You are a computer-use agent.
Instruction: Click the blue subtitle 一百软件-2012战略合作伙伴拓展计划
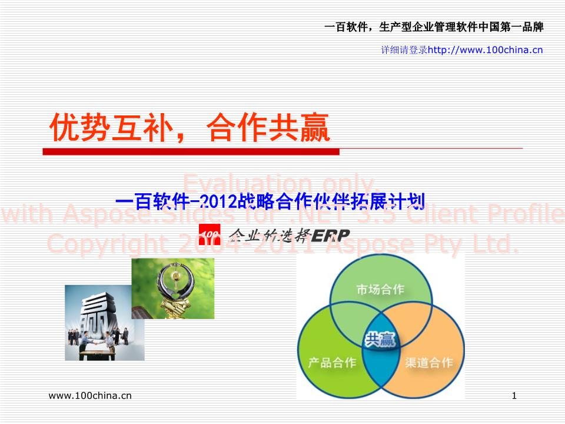tap(270, 203)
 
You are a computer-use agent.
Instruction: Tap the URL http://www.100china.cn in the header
tap(485, 50)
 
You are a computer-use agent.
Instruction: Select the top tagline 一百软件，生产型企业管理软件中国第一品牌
tap(434, 27)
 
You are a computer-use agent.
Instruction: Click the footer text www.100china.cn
tap(90, 396)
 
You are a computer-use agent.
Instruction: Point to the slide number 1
tap(514, 396)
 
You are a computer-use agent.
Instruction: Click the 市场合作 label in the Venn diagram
tap(380, 290)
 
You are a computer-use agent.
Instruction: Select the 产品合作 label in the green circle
tap(332, 362)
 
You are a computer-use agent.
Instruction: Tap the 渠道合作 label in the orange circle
tap(429, 362)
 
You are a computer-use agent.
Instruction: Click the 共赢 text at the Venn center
tap(380, 339)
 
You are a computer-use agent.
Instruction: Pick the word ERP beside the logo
tap(330, 236)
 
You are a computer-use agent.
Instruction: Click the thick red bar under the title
tap(191, 152)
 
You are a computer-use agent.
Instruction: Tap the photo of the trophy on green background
tap(172, 288)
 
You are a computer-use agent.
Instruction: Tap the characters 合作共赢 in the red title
tap(268, 128)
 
